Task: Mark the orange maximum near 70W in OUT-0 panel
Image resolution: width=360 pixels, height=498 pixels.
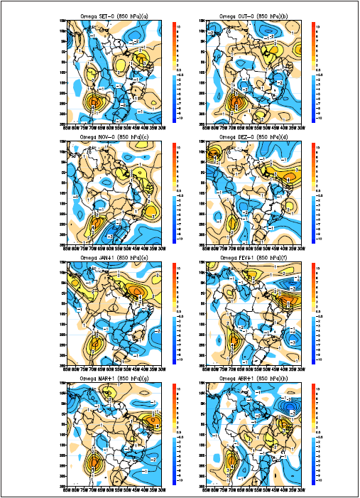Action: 231,104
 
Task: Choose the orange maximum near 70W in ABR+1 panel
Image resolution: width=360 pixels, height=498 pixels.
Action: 231,465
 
